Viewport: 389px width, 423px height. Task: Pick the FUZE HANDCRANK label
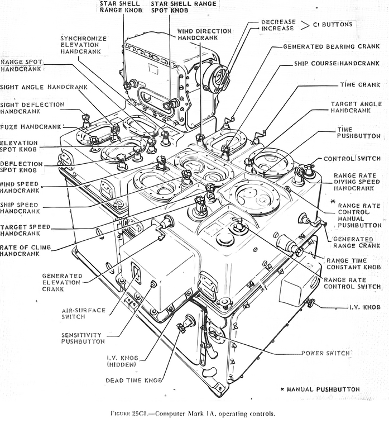(x=31, y=127)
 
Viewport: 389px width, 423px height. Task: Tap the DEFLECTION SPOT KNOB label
(x=21, y=167)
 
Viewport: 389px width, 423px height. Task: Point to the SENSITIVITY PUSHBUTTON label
(x=83, y=338)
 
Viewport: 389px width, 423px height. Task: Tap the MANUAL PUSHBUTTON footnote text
(x=326, y=389)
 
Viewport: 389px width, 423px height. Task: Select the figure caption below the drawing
(x=192, y=414)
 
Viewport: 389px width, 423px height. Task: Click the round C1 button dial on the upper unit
(x=217, y=77)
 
